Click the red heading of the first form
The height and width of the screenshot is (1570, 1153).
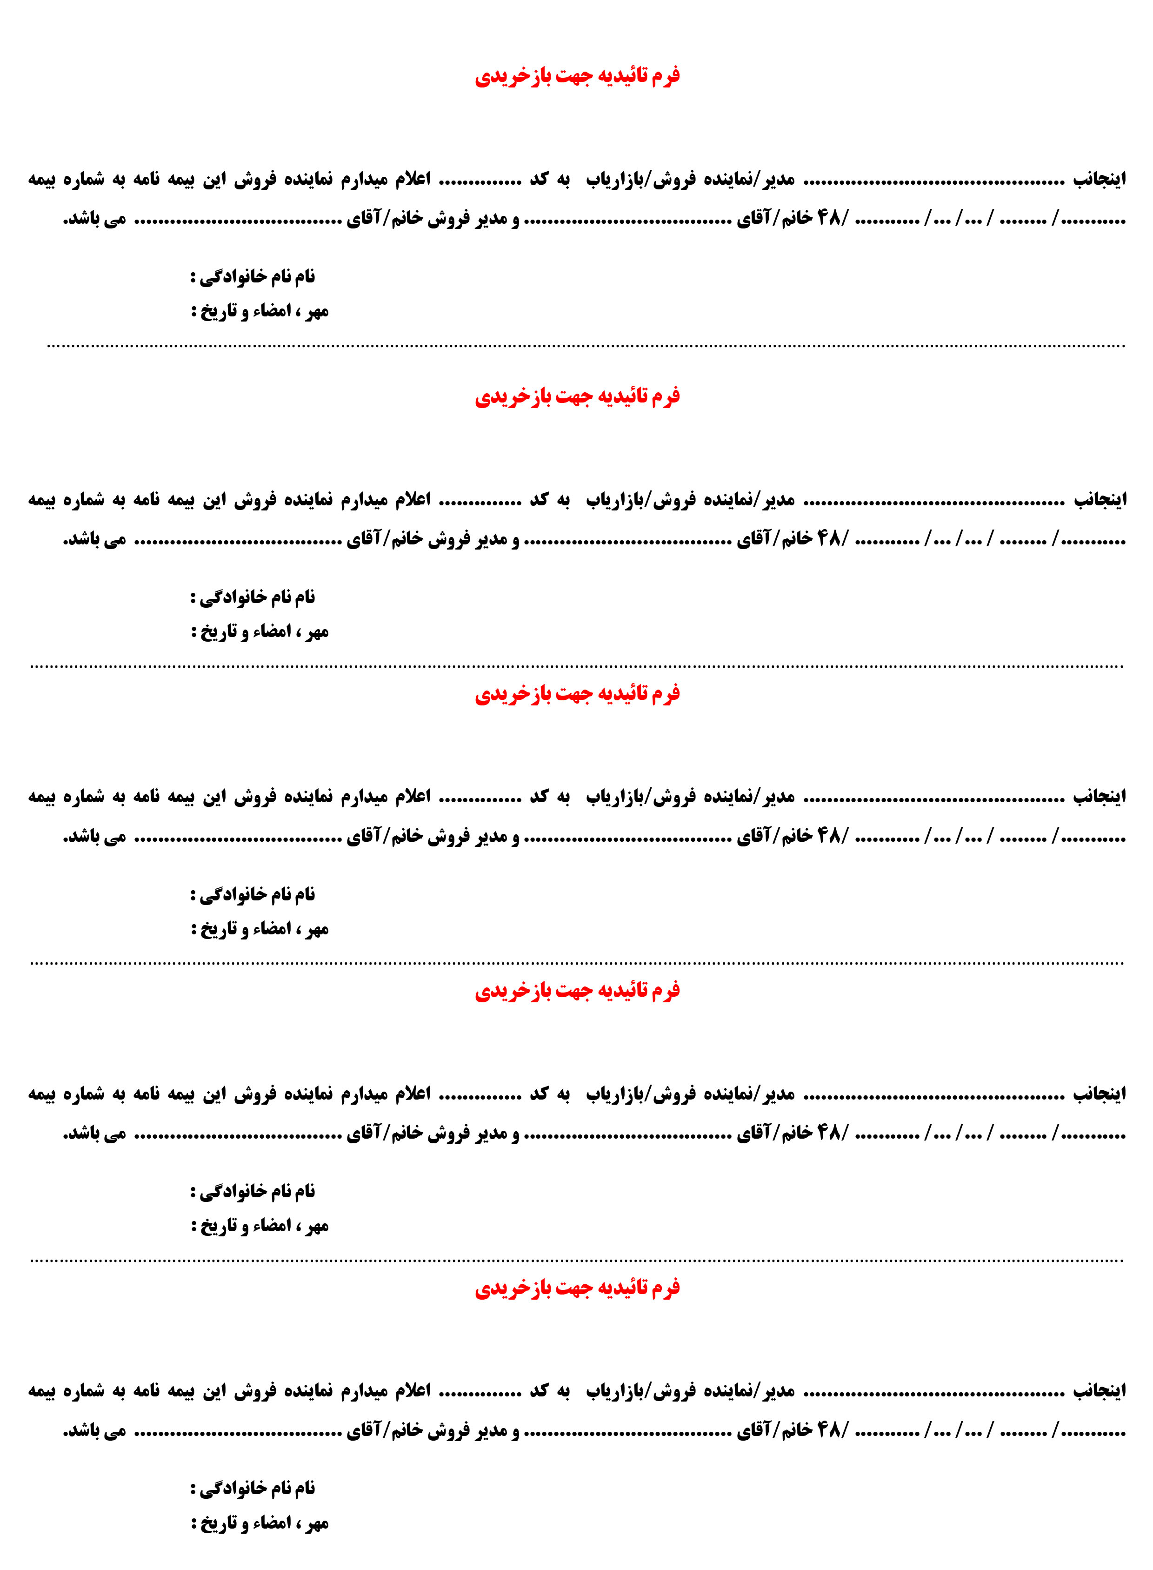pos(577,75)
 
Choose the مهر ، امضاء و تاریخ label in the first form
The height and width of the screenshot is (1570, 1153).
pos(260,311)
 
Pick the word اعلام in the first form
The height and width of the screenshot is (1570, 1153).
pos(413,180)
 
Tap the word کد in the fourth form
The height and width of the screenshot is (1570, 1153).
pos(539,1094)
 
